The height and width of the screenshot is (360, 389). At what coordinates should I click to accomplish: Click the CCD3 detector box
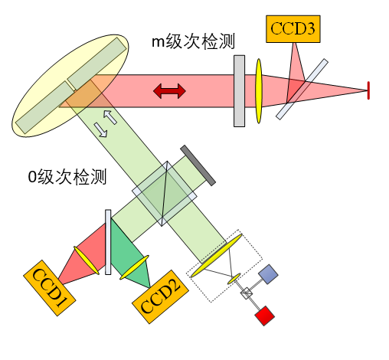point(293,29)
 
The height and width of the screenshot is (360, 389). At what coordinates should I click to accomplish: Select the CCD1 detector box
point(50,288)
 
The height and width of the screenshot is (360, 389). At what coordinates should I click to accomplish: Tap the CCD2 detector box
point(160,296)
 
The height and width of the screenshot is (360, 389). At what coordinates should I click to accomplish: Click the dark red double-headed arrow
point(169,91)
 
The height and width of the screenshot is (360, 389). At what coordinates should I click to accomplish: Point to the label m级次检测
point(193,41)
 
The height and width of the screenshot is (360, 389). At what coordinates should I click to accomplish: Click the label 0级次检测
point(67,177)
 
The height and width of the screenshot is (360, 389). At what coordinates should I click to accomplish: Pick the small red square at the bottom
point(265,316)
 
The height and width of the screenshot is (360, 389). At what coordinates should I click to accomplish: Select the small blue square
point(268,274)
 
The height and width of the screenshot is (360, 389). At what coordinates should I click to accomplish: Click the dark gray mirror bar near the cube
point(198,165)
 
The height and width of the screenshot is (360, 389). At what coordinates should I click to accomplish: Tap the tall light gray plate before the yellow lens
point(240,91)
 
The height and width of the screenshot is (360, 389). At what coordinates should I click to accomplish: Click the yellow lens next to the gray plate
point(259,91)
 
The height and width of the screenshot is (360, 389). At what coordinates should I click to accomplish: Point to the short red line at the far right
point(368,90)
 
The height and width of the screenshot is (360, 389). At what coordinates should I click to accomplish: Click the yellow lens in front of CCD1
point(87,260)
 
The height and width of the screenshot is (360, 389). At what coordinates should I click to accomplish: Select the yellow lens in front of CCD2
point(134,267)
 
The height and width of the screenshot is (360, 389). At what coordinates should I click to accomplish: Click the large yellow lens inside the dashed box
point(217,255)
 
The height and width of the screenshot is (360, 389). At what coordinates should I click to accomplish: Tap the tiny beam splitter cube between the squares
point(247,293)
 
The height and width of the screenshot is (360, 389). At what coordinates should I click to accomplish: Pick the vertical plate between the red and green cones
point(108,242)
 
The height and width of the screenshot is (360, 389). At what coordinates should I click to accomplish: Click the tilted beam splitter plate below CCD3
point(302,89)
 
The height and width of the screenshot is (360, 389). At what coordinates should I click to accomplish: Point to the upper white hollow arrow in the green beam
point(110,117)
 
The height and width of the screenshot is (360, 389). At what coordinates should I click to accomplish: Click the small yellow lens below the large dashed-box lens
point(234,279)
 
